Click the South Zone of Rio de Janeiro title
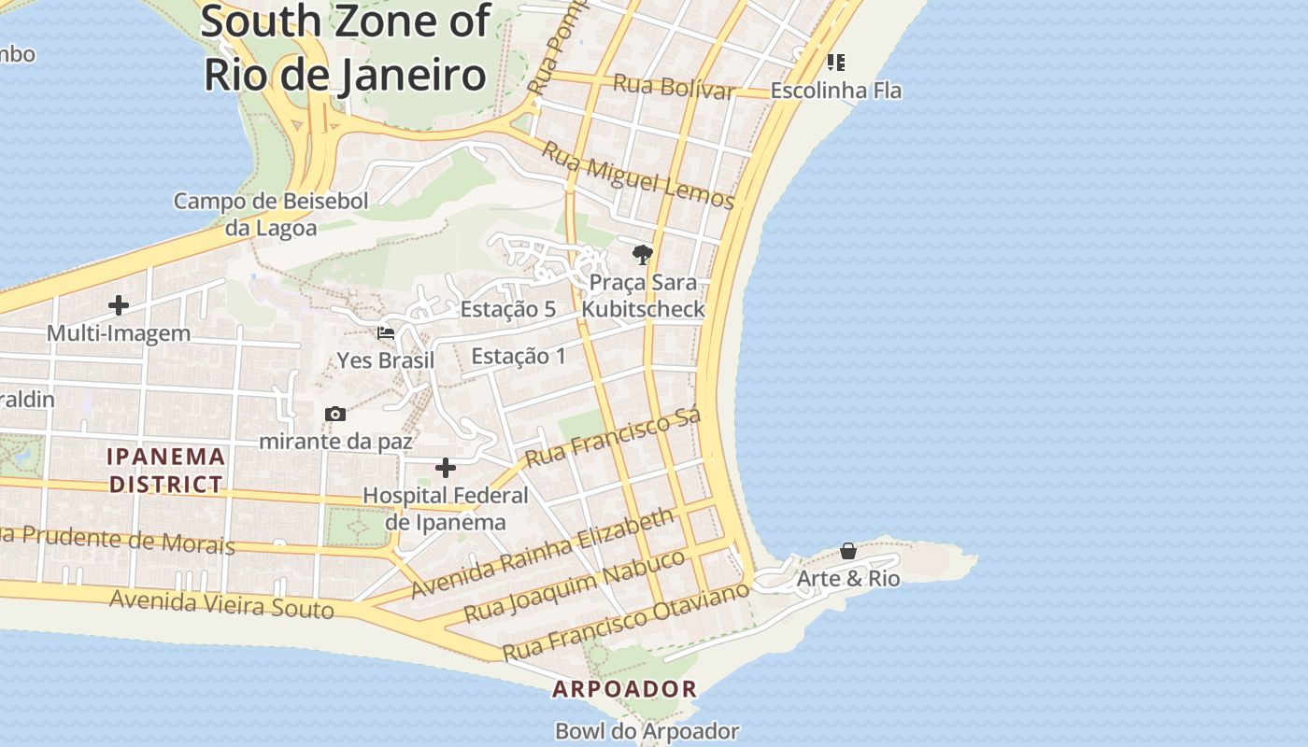click(346, 47)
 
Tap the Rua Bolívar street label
click(674, 87)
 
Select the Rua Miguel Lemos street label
click(638, 176)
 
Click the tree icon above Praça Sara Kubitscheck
click(642, 254)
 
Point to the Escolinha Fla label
click(835, 91)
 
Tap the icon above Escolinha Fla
click(835, 63)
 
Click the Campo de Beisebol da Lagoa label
click(271, 214)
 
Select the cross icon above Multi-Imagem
click(119, 305)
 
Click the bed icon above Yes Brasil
click(385, 332)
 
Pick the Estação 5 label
click(508, 309)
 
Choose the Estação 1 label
click(519, 356)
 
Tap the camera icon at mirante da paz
click(334, 414)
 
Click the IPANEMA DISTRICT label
click(166, 471)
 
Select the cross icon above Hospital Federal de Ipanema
click(446, 467)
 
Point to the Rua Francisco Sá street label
click(613, 439)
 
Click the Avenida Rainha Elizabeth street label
click(542, 554)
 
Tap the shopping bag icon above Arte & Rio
click(848, 551)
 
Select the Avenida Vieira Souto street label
click(221, 604)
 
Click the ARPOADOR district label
click(624, 690)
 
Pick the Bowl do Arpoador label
click(647, 731)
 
